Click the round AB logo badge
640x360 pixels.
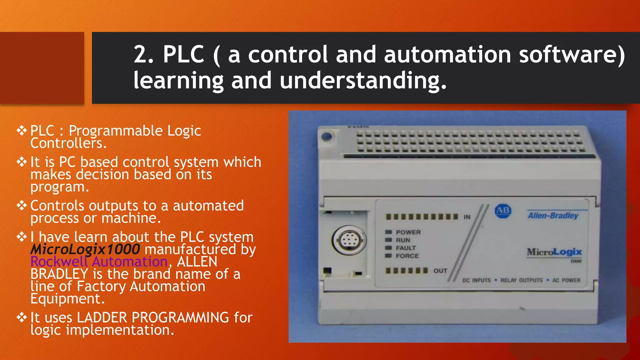(x=503, y=211)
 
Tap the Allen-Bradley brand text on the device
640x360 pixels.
(x=553, y=216)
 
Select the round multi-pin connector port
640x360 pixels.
(x=348, y=241)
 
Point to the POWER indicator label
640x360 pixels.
(x=408, y=232)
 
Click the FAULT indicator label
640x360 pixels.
(x=406, y=248)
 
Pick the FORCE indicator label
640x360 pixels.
(x=407, y=256)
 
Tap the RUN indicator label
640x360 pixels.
(x=403, y=240)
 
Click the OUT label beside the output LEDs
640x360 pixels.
(x=440, y=271)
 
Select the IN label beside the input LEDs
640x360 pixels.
(x=467, y=217)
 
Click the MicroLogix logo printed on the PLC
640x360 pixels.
(x=554, y=252)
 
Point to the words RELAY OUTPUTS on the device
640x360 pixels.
(x=521, y=280)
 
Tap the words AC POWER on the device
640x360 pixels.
(x=566, y=280)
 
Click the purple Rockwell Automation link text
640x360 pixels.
(x=99, y=262)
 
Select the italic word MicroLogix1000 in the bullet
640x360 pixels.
(x=85, y=249)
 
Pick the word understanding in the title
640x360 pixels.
(x=363, y=80)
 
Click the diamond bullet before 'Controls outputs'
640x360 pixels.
(x=22, y=206)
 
